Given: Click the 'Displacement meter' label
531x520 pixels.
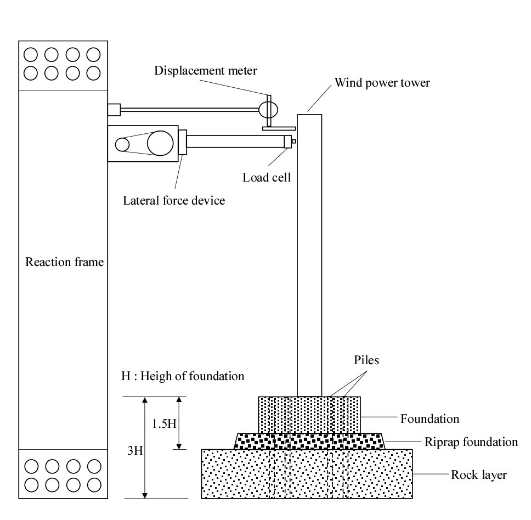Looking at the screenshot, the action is click(x=206, y=71).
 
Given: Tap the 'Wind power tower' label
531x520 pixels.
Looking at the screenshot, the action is click(x=382, y=83).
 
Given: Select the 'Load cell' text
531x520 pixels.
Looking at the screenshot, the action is click(x=267, y=177).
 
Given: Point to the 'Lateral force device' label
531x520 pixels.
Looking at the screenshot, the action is click(x=174, y=200).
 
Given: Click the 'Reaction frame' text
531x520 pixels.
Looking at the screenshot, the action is click(x=64, y=262).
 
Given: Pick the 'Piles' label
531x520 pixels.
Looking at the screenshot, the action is click(x=366, y=360).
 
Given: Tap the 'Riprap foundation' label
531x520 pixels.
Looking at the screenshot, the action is click(x=471, y=442).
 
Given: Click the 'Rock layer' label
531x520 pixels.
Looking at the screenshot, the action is click(x=478, y=474).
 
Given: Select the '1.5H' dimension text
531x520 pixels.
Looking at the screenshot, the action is click(x=164, y=423).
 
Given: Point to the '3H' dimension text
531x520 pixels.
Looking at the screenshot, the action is click(x=135, y=450).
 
